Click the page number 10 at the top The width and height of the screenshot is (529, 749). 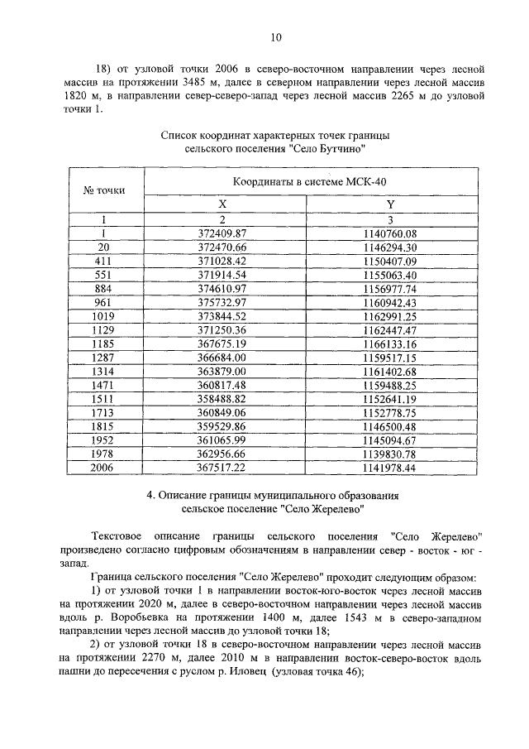277,36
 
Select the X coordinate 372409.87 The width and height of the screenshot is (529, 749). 223,234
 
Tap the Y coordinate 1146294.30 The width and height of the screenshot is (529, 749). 390,247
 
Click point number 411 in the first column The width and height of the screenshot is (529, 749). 104,261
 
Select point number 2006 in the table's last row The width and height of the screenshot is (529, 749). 104,468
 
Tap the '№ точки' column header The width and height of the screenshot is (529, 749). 104,190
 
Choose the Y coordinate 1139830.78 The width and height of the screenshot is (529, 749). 390,454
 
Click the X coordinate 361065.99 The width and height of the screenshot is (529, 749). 223,441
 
